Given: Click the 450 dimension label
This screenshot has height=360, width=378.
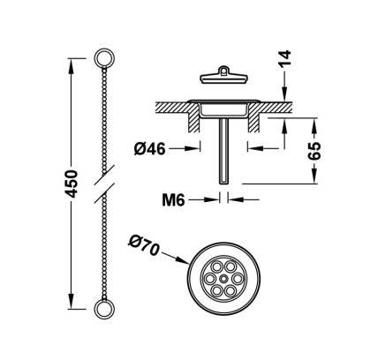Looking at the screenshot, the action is point(72,184).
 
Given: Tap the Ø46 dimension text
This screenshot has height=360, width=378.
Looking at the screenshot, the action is point(149,149).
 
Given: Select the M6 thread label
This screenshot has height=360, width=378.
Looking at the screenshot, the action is point(173,200).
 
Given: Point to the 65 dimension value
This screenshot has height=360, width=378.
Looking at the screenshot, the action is point(314,151).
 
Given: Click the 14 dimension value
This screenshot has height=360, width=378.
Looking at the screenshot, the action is point(284,59).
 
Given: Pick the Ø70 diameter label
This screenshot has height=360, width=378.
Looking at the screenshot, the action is point(144,246).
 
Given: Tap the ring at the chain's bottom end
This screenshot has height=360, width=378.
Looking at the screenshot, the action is point(104,309).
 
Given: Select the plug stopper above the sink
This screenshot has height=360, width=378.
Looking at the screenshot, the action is point(223,76).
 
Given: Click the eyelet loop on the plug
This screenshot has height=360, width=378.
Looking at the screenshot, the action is point(224,71).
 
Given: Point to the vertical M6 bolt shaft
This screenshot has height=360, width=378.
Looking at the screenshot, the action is point(224,150).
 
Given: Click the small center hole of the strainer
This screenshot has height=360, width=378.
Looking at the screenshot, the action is point(224,278).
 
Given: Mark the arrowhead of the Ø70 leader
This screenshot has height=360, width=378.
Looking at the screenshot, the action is point(184,260).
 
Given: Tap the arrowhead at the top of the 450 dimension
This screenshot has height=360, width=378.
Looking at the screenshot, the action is point(71,65).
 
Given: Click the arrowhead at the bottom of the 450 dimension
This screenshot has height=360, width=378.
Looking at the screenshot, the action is point(71,302).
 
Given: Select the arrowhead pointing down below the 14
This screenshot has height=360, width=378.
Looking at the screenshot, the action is point(284,94).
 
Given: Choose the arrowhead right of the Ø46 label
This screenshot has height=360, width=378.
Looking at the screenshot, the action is point(193,149).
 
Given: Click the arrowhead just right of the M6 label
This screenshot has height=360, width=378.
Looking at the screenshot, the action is point(213,199).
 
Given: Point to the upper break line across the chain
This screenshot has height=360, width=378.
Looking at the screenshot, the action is point(104,176).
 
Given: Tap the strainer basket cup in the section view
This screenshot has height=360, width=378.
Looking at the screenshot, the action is point(224,109).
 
